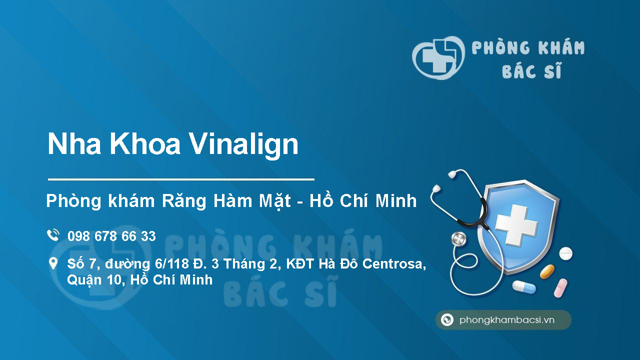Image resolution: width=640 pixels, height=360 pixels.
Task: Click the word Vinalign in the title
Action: tap(244, 144)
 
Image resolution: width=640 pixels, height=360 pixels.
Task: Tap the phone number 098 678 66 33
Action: tap(111, 236)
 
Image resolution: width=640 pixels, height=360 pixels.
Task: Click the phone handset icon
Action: tap(52, 235)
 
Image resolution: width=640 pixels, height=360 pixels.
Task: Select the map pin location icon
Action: tap(52, 263)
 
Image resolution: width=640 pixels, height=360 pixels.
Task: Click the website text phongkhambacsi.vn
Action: tap(507, 320)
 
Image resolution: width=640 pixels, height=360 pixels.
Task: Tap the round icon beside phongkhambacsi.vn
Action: tap(447, 320)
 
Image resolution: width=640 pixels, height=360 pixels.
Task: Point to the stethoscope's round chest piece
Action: tap(458, 239)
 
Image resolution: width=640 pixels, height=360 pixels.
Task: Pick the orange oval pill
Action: tap(547, 271)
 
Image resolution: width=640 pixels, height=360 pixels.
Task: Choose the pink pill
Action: tap(560, 287)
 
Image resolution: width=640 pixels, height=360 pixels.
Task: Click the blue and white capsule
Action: tap(523, 287)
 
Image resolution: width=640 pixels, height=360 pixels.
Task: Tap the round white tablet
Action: tap(565, 253)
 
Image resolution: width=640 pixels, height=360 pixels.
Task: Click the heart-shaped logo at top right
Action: tap(438, 58)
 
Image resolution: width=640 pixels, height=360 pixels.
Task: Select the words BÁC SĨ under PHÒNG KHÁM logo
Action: tap(531, 71)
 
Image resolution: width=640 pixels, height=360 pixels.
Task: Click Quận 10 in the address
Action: tap(95, 280)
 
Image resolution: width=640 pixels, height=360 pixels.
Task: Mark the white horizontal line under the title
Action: tap(181, 178)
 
